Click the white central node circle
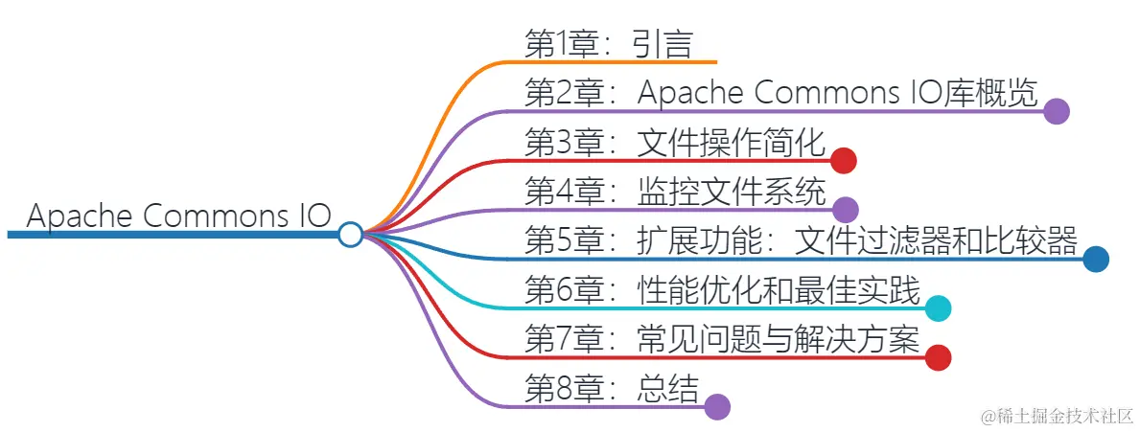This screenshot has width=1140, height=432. pyautogui.click(x=350, y=234)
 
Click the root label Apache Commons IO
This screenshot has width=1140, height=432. pyautogui.click(x=178, y=216)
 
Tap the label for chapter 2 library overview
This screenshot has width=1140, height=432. pyautogui.click(x=780, y=93)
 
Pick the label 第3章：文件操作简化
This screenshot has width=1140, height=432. pyautogui.click(x=675, y=143)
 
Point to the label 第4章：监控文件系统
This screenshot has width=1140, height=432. pyautogui.click(x=675, y=192)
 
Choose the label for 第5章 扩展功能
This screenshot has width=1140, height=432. pyautogui.click(x=802, y=240)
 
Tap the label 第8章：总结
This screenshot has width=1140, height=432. pyautogui.click(x=612, y=388)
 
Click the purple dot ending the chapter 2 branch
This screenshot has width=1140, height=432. pyautogui.click(x=1057, y=111)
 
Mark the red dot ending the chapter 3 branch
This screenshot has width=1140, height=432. pyautogui.click(x=843, y=160)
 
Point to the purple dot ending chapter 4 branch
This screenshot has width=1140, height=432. pyautogui.click(x=845, y=209)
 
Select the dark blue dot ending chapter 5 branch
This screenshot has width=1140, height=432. pyautogui.click(x=1096, y=259)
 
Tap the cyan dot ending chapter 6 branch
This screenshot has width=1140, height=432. pyautogui.click(x=939, y=307)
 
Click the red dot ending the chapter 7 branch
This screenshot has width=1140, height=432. pyautogui.click(x=938, y=357)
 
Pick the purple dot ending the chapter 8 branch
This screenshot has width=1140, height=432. pyautogui.click(x=717, y=406)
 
